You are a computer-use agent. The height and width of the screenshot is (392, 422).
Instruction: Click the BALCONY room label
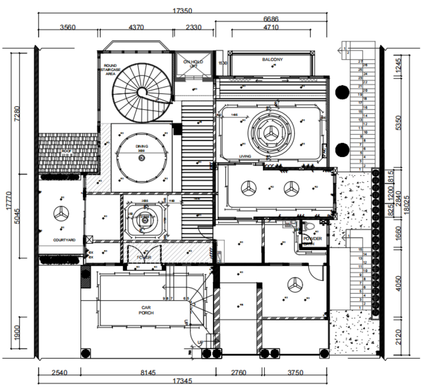(x=272, y=59)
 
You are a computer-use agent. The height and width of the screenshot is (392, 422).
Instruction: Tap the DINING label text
(x=142, y=146)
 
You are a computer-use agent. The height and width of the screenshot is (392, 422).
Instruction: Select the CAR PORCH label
(x=146, y=310)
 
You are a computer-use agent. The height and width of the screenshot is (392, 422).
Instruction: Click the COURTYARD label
(x=64, y=240)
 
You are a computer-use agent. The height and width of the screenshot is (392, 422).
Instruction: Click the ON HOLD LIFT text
(x=193, y=63)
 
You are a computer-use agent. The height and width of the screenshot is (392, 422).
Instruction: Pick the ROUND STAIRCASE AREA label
(x=110, y=70)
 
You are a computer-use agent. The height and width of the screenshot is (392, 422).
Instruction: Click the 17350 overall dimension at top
(x=182, y=11)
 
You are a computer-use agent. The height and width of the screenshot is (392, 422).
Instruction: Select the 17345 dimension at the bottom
(x=182, y=381)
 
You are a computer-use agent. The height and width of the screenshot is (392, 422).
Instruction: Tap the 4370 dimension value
(x=136, y=27)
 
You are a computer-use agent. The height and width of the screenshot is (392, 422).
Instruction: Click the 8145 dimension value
(x=148, y=373)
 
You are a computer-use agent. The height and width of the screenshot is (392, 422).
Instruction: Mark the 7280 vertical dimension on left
(x=17, y=114)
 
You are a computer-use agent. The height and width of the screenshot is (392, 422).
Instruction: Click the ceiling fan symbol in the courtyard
(x=61, y=213)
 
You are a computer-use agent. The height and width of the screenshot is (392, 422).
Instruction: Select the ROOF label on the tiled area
(x=67, y=151)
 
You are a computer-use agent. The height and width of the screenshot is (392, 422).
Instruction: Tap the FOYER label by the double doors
(x=144, y=257)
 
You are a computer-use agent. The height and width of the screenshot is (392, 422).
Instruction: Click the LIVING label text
(x=245, y=156)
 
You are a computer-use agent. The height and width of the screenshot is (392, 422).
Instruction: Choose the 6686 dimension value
(x=271, y=19)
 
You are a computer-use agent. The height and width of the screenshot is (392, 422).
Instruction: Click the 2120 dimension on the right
(x=399, y=337)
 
